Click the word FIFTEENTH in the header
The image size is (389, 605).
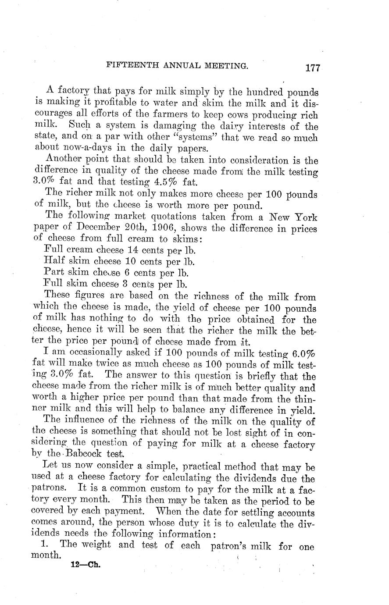[127, 66]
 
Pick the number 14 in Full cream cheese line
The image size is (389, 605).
[133, 250]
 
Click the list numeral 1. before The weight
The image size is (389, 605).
[49, 546]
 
